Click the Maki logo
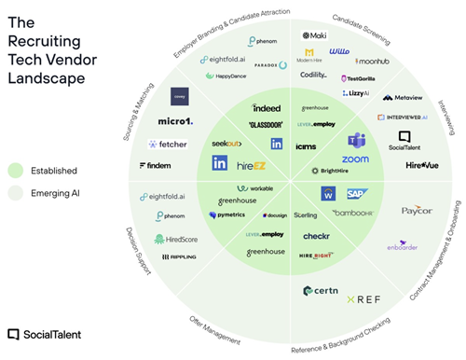point(314,36)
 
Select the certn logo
point(320,292)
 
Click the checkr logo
point(316,236)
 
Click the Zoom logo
point(355,159)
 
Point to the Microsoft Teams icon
point(355,141)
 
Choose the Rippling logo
point(178,256)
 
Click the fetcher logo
point(167,145)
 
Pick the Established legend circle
point(15,171)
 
